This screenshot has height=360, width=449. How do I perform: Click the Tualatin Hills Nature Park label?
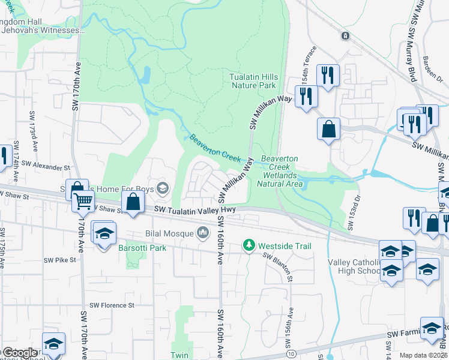pyautogui.click(x=253, y=81)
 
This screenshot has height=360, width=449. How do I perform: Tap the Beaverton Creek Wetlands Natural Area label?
pyautogui.click(x=279, y=171)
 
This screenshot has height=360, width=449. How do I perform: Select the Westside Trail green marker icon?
pyautogui.click(x=248, y=245)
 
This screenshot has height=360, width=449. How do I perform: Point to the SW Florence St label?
pyautogui.click(x=112, y=305)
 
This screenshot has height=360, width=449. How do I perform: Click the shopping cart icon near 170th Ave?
pyautogui.click(x=83, y=202)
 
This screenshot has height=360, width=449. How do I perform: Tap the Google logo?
pyautogui.click(x=19, y=353)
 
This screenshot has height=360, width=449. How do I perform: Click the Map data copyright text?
pyautogui.click(x=423, y=355)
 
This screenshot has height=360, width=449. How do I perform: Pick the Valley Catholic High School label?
pyautogui.click(x=354, y=266)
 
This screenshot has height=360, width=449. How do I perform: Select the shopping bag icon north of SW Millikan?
pyautogui.click(x=328, y=128)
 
